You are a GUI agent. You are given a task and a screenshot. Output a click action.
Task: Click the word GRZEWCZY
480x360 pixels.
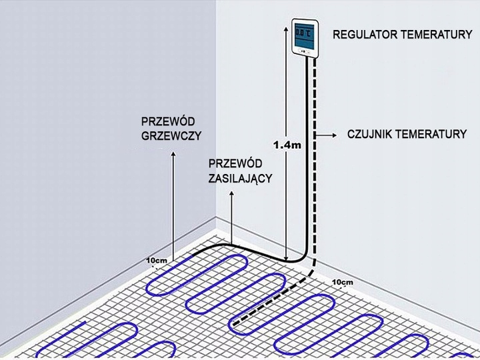coord(171,135)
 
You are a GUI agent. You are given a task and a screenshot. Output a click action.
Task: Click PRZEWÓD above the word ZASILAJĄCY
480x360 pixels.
coord(235,164)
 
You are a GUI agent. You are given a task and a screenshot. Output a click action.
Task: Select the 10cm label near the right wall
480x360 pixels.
coord(341,283)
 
